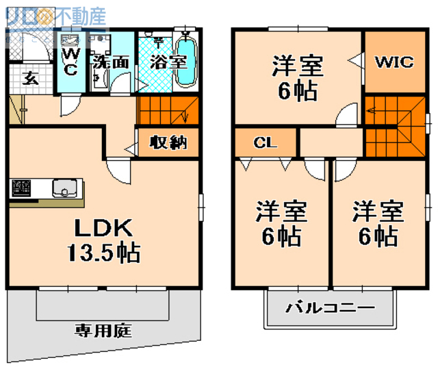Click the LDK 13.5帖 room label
pyautogui.click(x=103, y=240)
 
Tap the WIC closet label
pyautogui.click(x=394, y=62)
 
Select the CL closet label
pyautogui.click(x=265, y=143)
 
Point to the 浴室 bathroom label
pyautogui.click(x=168, y=62)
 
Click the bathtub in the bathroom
pyautogui.click(x=186, y=62)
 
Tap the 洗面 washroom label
pyautogui.click(x=110, y=62)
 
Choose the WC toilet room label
pyautogui.click(x=70, y=62)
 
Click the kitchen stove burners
pyautogui.click(x=21, y=186)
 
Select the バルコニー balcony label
pyautogui.click(x=330, y=307)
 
